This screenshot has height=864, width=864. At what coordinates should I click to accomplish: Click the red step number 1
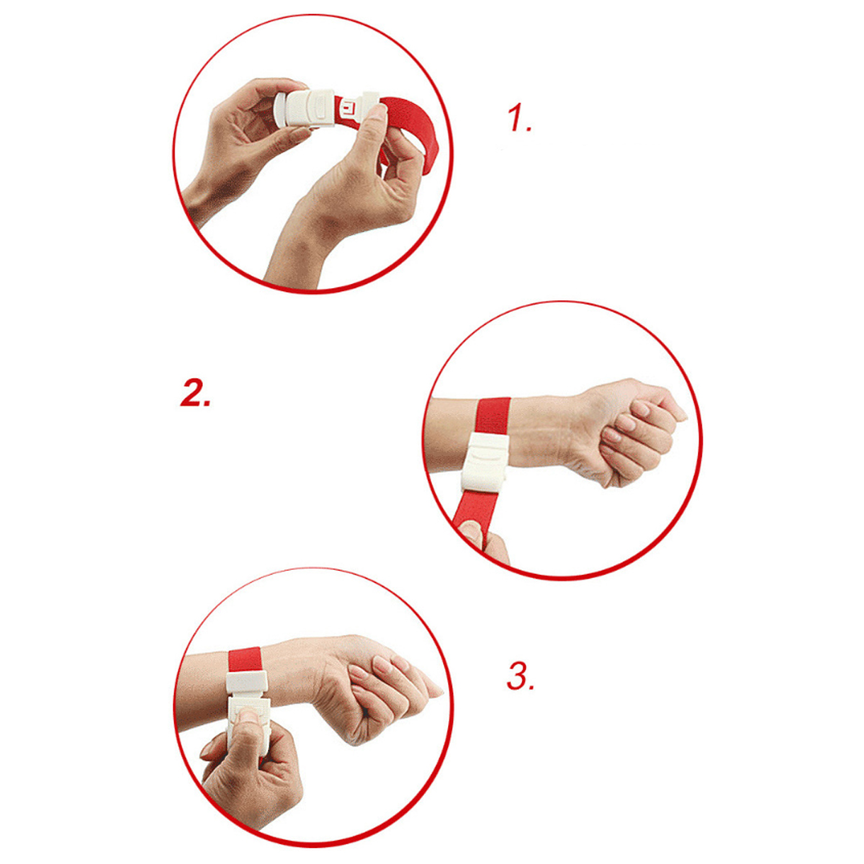(x=519, y=119)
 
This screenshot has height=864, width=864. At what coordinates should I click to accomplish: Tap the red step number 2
(x=195, y=393)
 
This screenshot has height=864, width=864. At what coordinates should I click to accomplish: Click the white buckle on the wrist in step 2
(x=485, y=463)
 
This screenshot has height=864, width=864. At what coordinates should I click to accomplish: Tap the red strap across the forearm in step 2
(x=493, y=416)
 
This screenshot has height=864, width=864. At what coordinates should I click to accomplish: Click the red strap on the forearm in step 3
(x=245, y=659)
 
